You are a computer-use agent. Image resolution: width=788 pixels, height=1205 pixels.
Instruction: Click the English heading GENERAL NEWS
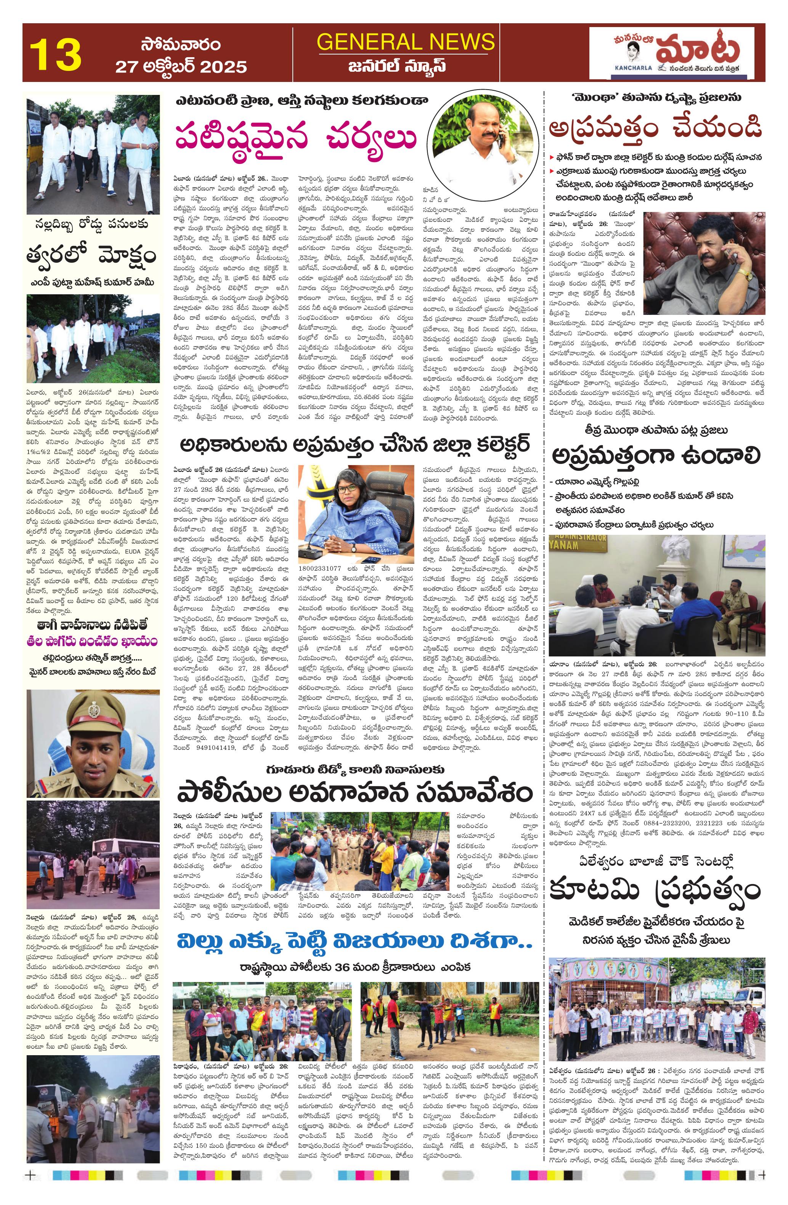pos(406,41)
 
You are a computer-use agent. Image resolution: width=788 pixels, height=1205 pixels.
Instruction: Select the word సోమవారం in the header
pos(180,45)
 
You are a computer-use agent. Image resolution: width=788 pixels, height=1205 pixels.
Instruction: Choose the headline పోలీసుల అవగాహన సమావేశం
pos(355,791)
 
